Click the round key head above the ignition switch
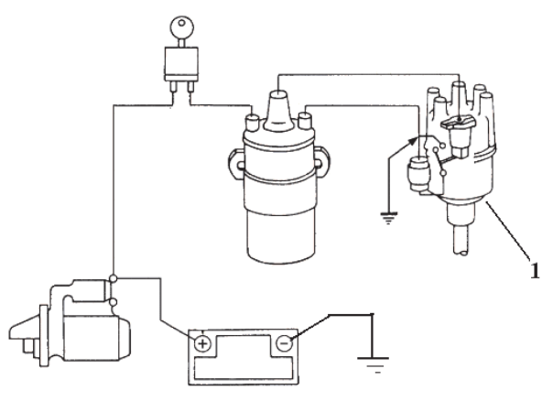182,27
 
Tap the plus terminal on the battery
202,343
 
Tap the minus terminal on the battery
284,343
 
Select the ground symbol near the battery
374,364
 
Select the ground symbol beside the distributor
388,218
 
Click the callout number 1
535,271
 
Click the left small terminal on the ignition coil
253,122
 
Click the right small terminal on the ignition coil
305,121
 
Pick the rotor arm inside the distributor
458,123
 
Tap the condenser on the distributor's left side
418,174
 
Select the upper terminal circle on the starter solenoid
114,279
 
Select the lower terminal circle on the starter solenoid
114,303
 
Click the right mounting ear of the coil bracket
321,163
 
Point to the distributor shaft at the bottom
461,241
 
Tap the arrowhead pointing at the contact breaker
412,142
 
